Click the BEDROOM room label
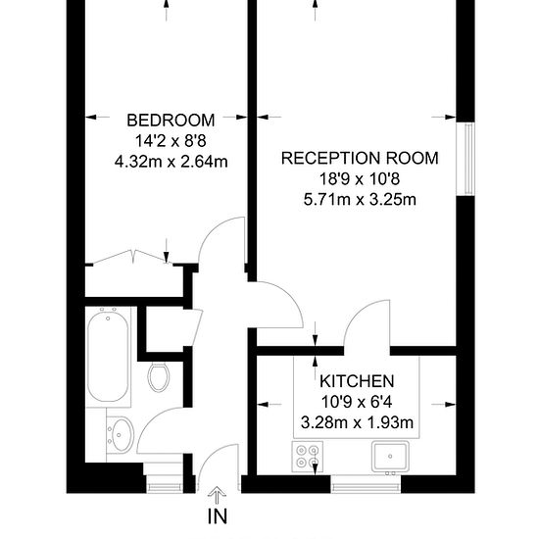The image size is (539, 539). (171, 121)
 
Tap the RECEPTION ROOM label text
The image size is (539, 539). (360, 158)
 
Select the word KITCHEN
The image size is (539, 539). (357, 381)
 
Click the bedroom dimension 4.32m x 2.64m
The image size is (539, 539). (171, 162)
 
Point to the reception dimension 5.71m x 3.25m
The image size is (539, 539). (360, 199)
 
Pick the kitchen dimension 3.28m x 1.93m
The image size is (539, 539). (357, 422)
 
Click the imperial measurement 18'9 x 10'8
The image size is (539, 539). (360, 178)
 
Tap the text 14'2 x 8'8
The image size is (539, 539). (171, 141)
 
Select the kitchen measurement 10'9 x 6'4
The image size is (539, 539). (357, 402)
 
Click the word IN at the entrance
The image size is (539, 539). (218, 515)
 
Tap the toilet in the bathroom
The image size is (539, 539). (159, 377)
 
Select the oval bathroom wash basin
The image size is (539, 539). (120, 434)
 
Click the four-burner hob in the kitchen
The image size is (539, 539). (308, 457)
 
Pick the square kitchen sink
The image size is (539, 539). (390, 457)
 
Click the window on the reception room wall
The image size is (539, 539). (465, 160)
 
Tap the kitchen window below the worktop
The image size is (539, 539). (366, 485)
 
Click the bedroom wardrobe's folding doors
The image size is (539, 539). (132, 257)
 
